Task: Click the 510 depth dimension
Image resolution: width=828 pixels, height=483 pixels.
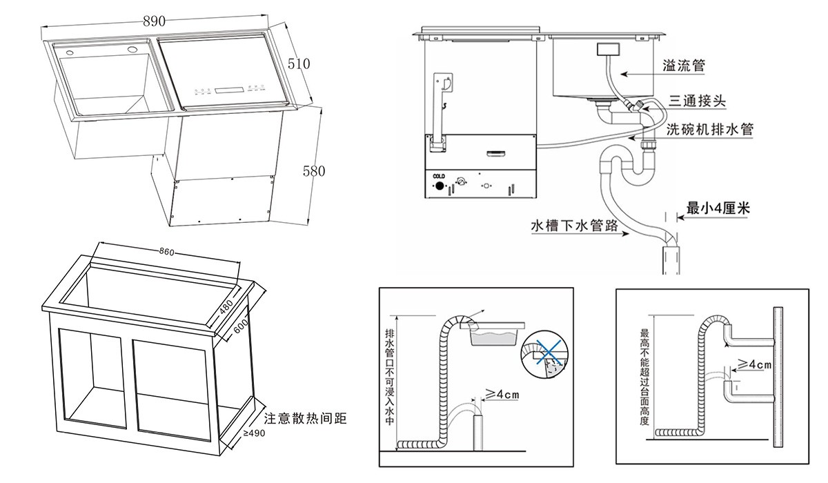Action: click(298, 63)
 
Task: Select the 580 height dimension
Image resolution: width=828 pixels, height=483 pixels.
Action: click(313, 170)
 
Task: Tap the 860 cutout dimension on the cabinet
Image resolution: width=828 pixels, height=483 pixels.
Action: click(166, 252)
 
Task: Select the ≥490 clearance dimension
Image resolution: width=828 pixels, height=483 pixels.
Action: click(253, 433)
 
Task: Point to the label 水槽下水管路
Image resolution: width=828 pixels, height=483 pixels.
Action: click(573, 226)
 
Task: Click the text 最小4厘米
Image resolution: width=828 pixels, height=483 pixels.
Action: click(718, 207)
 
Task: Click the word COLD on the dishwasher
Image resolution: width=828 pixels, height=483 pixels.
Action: click(439, 177)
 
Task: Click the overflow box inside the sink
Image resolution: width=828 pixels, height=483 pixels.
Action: click(609, 49)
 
